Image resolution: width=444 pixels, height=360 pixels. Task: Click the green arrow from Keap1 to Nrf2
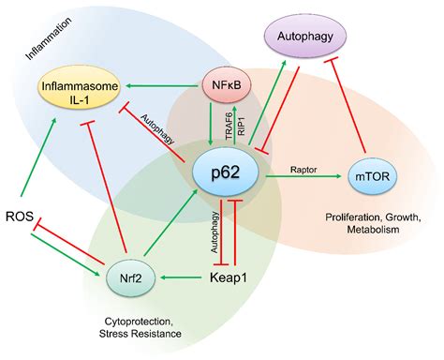point(178,277)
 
